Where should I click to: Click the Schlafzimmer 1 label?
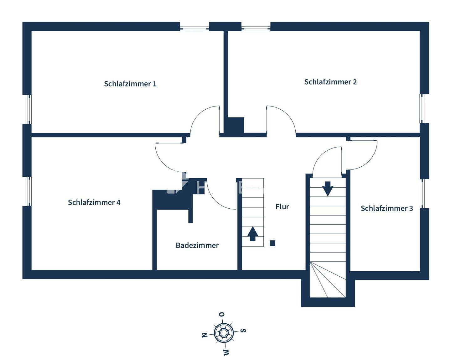130,84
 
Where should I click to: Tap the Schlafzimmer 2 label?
330,82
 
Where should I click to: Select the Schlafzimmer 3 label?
387,208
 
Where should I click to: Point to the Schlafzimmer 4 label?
94,202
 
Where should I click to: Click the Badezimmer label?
197,245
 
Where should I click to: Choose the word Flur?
282,207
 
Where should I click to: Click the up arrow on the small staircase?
252,234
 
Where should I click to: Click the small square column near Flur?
272,243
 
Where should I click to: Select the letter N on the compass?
205,335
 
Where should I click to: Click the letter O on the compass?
221,314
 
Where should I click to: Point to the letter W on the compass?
226,352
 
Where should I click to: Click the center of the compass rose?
224,333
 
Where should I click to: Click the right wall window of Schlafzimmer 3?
422,194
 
